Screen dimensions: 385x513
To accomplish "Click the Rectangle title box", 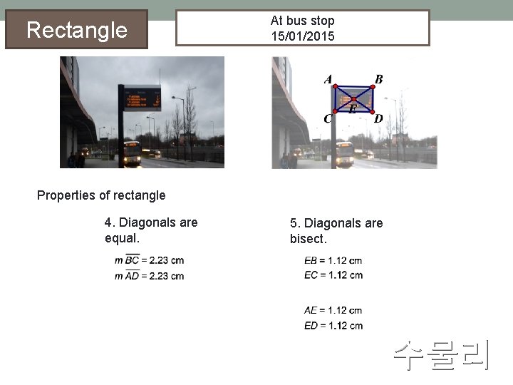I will (76, 29).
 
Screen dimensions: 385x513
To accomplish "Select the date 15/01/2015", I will (302, 36).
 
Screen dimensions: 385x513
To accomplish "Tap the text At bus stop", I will (302, 21).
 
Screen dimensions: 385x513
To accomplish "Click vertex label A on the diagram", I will (328, 79).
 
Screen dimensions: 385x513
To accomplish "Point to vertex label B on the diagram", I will (378, 79).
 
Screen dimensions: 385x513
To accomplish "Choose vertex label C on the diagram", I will (328, 118).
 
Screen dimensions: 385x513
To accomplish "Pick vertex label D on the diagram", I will (378, 118).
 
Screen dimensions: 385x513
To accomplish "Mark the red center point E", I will (353, 100).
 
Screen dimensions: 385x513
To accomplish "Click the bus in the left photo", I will (133, 153).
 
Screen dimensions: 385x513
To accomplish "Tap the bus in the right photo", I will (345, 153).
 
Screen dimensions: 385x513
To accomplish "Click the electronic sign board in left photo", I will (142, 98).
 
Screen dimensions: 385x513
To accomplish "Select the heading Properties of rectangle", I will (101, 195).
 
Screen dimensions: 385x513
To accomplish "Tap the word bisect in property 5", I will (306, 239).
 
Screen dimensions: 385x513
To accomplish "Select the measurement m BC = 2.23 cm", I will (149, 260).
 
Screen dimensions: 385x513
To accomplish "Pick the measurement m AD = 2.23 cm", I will (149, 276).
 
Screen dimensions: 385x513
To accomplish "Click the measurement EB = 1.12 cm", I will (333, 260).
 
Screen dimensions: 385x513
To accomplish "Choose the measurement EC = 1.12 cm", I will (333, 274).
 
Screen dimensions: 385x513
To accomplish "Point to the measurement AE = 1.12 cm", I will (333, 310).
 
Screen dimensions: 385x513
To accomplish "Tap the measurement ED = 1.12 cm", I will (333, 325).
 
